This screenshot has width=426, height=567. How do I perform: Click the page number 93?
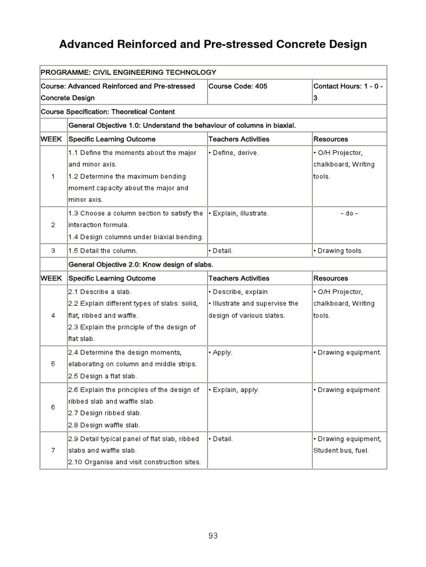tap(213, 535)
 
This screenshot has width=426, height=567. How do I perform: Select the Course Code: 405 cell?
tap(238, 86)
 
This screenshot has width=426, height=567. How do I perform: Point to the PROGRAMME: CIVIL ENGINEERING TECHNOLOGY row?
tap(129, 72)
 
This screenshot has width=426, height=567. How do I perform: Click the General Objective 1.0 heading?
tap(182, 126)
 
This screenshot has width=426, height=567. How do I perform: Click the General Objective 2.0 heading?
tap(140, 265)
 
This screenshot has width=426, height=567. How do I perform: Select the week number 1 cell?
tap(53, 177)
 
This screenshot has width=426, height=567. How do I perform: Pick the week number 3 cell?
tap(53, 251)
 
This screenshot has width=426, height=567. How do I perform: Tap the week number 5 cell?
tap(53, 364)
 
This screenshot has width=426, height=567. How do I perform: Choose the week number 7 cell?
tap(53, 450)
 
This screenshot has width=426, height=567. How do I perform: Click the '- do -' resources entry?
tap(349, 213)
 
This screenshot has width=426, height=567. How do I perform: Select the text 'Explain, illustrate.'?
tap(240, 213)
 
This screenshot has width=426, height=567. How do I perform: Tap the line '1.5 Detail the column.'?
tap(103, 251)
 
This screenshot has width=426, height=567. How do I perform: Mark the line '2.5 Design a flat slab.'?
tap(103, 377)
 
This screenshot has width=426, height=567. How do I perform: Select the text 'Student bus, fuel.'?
tap(341, 450)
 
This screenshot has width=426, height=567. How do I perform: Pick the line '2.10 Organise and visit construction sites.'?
tap(134, 462)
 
